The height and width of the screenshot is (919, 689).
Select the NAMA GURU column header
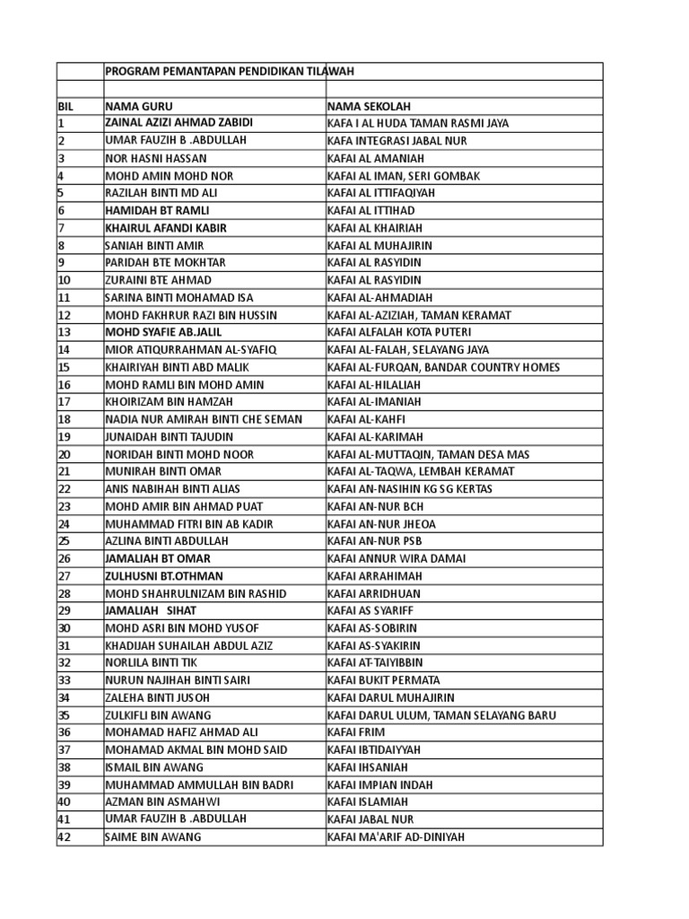[x=139, y=106]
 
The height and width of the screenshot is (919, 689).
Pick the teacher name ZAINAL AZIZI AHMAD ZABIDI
[x=179, y=123]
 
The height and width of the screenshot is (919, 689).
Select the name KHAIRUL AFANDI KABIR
[x=165, y=228]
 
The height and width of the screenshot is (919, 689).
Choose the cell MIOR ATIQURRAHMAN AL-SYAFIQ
[x=191, y=349]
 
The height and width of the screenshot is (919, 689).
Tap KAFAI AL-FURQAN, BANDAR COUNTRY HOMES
[x=443, y=367]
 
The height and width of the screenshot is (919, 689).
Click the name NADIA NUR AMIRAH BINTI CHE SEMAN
[x=204, y=419]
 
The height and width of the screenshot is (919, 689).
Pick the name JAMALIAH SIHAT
[x=151, y=610]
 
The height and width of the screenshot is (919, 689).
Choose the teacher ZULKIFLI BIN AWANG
[x=158, y=715]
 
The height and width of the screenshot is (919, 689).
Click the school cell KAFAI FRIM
[x=356, y=732]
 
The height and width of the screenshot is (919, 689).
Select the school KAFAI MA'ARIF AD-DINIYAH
[x=396, y=837]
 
